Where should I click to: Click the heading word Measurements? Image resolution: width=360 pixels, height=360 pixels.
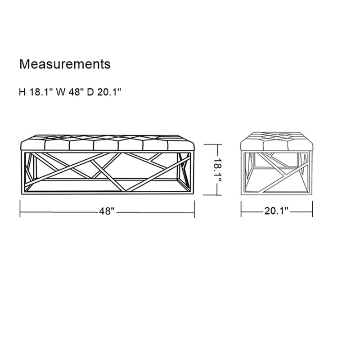click(x=65, y=64)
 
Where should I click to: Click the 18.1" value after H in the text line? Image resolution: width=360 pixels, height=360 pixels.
click(x=42, y=92)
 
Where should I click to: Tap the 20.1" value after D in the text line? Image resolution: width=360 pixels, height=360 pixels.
click(x=109, y=92)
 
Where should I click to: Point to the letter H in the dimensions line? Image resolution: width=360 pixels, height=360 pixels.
click(x=22, y=92)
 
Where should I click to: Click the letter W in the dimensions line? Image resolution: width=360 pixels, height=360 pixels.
click(x=61, y=92)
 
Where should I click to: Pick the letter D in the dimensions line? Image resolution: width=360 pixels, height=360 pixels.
click(x=90, y=92)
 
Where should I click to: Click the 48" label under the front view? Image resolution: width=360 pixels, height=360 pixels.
click(x=107, y=211)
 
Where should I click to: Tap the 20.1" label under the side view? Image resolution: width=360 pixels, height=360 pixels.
click(x=276, y=211)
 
